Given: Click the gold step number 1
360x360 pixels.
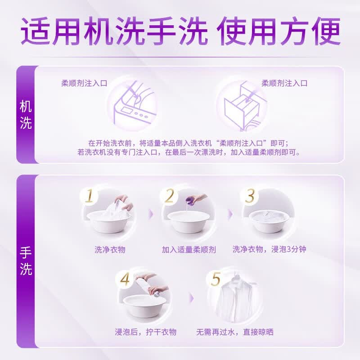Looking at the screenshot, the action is point(89,196).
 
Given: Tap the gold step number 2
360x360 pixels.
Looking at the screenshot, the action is point(170,196).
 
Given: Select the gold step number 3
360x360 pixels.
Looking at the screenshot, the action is point(250,196).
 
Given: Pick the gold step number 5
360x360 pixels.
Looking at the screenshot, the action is point(216,279).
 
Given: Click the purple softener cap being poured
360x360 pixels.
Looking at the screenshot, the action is point(191,199).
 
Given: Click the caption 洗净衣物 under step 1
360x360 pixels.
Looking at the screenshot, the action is point(110,250).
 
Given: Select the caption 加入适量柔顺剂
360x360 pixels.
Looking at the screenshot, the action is point(189,250).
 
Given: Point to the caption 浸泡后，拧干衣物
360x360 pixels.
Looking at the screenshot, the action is point(145,332).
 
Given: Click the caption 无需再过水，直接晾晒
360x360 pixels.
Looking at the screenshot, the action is point(234,332).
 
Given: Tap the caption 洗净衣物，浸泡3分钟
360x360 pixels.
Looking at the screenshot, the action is point(269,249).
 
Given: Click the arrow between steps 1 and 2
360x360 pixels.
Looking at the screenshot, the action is point(151,213).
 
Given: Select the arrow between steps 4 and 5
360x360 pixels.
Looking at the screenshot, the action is point(192,298).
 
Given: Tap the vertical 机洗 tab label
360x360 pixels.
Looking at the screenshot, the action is point(26,115).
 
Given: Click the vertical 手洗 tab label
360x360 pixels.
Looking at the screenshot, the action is point(26,261).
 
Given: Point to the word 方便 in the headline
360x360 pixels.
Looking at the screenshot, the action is point(310,31).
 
